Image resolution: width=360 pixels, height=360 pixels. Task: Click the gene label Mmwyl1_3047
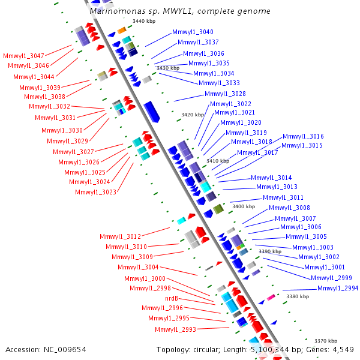23,55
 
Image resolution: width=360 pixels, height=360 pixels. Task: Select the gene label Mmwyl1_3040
193,32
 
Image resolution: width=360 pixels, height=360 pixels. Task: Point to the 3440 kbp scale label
144,22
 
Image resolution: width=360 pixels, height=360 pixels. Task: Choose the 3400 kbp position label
244,206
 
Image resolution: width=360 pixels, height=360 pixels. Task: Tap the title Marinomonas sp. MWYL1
179,11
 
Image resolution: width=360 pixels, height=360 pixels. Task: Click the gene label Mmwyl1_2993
175,329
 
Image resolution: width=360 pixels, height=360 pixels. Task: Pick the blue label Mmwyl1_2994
338,288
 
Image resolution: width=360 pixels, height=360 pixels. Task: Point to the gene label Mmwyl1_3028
225,94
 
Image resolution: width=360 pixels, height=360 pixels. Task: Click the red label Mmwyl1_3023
95,192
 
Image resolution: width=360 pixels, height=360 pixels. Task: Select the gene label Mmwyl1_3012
121,236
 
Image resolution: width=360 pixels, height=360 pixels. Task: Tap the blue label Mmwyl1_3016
303,136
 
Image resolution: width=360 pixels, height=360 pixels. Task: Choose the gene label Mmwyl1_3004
138,267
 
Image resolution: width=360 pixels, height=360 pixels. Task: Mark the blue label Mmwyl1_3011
283,197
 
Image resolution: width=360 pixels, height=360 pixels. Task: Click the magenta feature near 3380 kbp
271,297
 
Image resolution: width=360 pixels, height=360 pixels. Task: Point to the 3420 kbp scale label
193,115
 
